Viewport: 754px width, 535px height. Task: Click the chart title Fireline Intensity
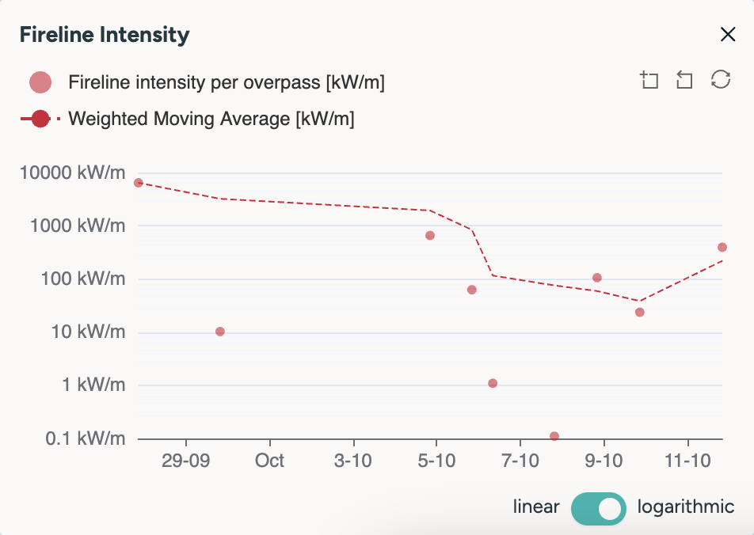(x=104, y=35)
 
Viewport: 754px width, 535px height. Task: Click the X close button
(x=727, y=34)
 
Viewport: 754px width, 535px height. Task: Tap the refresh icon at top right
(x=720, y=80)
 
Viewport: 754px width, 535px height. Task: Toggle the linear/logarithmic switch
(x=599, y=507)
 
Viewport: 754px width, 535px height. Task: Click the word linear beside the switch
(x=536, y=507)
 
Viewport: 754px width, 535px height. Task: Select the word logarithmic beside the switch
(x=685, y=507)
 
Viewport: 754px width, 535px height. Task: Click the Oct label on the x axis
(x=271, y=461)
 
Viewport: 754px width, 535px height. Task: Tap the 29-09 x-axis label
(x=185, y=461)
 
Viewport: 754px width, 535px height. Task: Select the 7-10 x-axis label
(x=520, y=461)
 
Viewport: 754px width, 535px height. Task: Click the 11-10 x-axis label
(x=687, y=461)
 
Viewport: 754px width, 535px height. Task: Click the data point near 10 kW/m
(x=220, y=332)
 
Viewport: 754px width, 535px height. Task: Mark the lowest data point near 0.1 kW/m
(x=554, y=436)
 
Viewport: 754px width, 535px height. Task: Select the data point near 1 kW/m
(x=493, y=383)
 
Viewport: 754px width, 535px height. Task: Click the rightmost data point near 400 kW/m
(x=722, y=248)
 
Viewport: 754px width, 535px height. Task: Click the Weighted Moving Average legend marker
(x=40, y=120)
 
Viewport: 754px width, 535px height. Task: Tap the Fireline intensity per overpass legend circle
(x=40, y=82)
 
